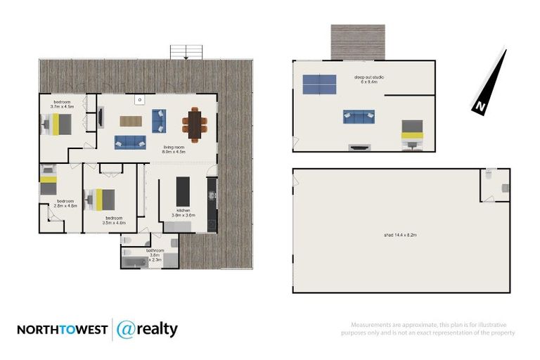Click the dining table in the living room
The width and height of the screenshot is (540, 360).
click(x=195, y=124)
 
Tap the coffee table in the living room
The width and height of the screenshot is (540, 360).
click(x=131, y=121)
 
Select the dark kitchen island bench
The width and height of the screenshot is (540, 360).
click(x=183, y=191)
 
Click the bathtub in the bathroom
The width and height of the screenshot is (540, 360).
click(x=134, y=262)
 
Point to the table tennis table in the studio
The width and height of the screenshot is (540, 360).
click(x=320, y=84)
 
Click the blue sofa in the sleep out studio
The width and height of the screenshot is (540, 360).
click(x=359, y=117)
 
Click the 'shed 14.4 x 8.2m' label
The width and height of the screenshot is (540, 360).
click(x=399, y=235)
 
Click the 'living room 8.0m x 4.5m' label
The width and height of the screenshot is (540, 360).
click(x=173, y=149)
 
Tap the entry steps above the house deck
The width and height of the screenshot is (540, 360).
click(x=186, y=52)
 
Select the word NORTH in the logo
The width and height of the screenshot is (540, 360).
click(x=39, y=330)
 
